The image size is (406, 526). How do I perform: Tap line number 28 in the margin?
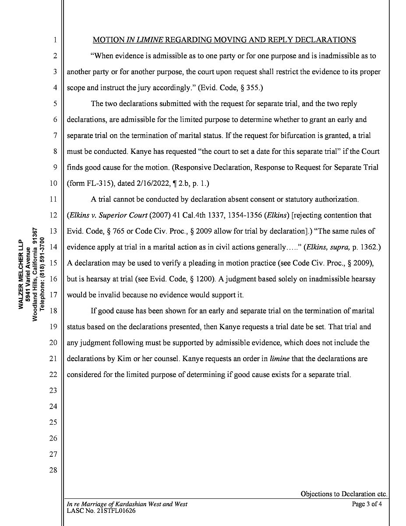(53, 470)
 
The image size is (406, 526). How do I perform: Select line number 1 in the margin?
(55, 40)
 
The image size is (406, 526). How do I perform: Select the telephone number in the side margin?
(42, 274)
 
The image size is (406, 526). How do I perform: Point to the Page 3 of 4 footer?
(367, 504)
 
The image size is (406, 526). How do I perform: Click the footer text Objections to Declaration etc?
(343, 494)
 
